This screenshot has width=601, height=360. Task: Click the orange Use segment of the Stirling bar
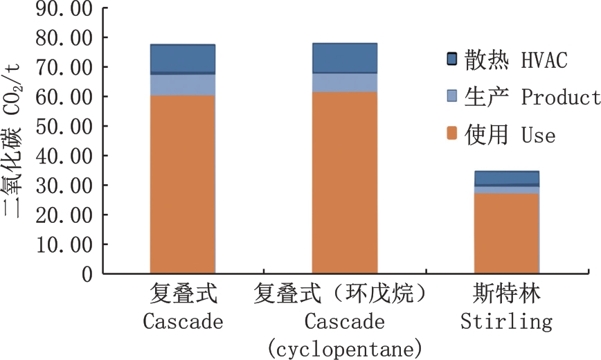[x=506, y=233]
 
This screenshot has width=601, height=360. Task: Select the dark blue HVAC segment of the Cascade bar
[x=183, y=59]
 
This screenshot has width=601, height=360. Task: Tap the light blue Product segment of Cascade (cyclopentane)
[x=344, y=82]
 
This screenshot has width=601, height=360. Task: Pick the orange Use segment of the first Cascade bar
[x=183, y=184]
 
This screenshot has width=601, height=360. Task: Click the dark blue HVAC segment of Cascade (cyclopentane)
[x=344, y=58]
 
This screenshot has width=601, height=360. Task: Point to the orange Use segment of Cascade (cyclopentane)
[x=344, y=183]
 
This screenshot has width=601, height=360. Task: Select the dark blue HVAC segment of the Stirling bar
[x=506, y=178]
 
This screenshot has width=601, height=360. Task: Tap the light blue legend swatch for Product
[x=452, y=97]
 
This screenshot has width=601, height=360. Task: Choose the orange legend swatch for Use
[x=452, y=134]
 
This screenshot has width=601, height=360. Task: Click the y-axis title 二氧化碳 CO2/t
[x=15, y=138]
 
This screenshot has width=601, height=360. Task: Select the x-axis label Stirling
[x=506, y=322]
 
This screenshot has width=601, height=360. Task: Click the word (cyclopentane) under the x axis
[x=344, y=346]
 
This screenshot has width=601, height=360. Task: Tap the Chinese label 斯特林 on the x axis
[x=506, y=296]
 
